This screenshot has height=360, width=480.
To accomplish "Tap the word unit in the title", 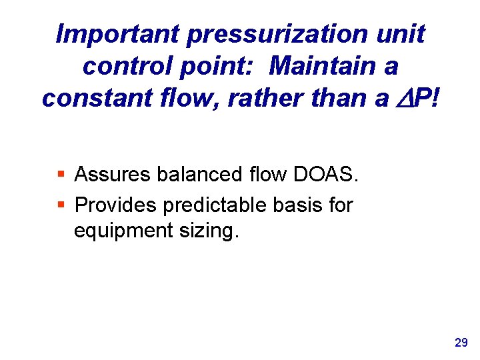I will tap(400, 34).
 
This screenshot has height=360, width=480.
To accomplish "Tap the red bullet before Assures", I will tap(61, 175).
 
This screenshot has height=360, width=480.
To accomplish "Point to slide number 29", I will tap(461, 343).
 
